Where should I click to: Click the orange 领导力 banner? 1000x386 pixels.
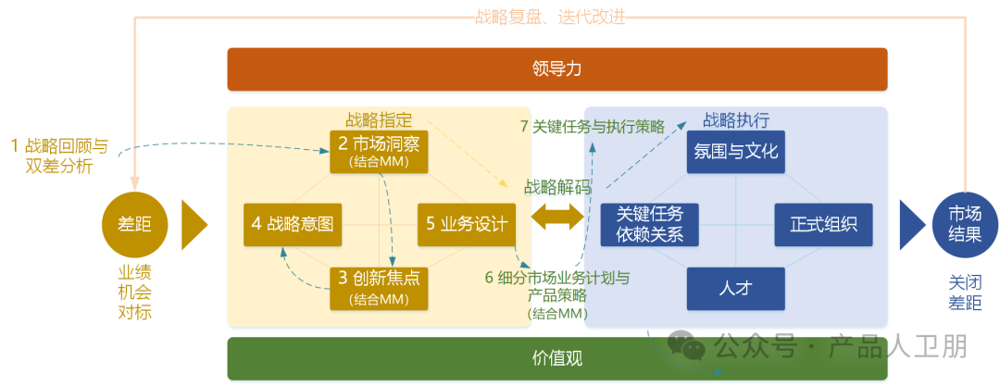[557, 68]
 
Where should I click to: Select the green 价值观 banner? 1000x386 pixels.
[557, 358]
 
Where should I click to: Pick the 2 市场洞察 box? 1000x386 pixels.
[380, 151]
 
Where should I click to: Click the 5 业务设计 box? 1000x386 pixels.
[467, 223]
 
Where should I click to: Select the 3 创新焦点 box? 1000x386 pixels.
[380, 288]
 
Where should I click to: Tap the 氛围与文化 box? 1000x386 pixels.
[736, 151]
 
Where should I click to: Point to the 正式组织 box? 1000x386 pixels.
[823, 224]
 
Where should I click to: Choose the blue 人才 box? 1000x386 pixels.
[736, 288]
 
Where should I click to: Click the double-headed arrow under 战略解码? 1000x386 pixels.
[557, 218]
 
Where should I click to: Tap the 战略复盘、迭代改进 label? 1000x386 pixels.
[556, 17]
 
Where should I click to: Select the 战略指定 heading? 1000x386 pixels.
[379, 119]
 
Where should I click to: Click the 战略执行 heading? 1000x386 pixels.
[736, 119]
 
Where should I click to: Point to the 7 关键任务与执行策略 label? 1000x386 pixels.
[593, 127]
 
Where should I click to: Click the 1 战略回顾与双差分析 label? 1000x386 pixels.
[59, 156]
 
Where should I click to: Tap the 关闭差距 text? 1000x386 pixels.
[965, 291]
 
